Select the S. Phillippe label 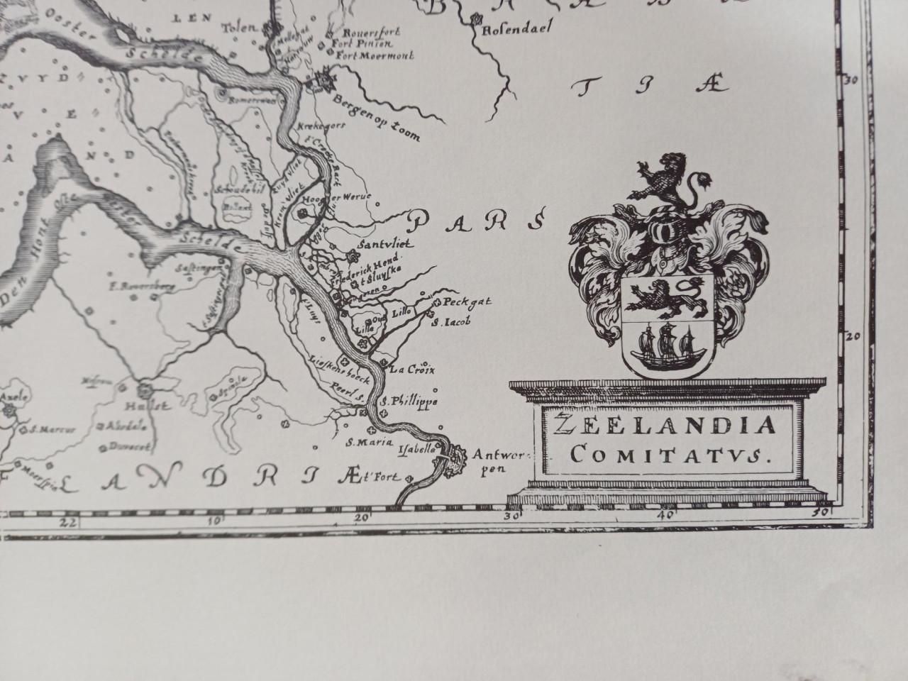click(x=410, y=402)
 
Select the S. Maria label click(x=360, y=443)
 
